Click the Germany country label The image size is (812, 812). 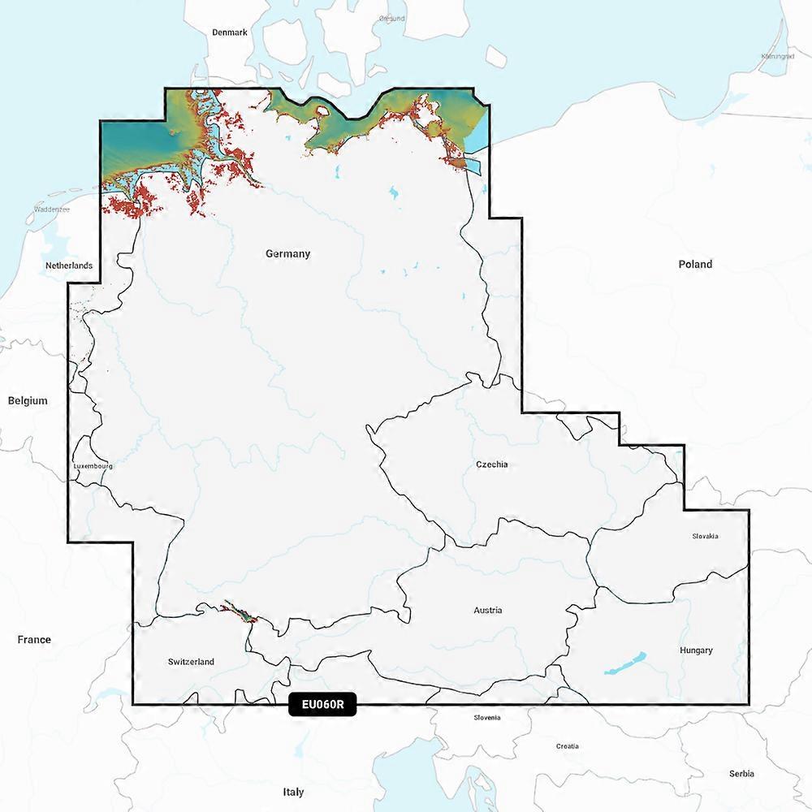coord(287,253)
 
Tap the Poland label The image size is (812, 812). coord(695,264)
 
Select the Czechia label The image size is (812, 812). coord(492,464)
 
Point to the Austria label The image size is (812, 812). coord(488,610)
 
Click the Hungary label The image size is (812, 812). coord(697,650)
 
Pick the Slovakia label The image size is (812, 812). coord(705,536)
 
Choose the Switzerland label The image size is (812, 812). coord(191,662)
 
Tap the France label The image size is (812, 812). coord(34,640)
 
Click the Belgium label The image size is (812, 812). coord(28,400)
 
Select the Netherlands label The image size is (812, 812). coord(68,266)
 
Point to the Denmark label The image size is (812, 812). coord(229,32)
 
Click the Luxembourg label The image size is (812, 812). coord(93,467)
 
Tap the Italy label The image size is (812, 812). coord(293,792)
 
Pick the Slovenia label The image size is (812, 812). coord(487,718)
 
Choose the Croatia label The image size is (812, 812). coord(568,745)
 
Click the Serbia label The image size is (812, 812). coord(741,774)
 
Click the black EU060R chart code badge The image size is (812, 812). coord(322,705)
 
